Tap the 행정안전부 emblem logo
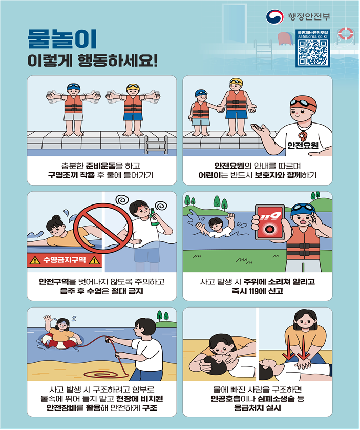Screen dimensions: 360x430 click(274, 17)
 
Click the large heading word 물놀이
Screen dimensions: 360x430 click(62, 38)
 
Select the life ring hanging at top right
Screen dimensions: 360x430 click(346, 34)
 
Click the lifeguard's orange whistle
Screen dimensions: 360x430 click(302, 136)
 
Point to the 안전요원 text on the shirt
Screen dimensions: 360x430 click(303, 146)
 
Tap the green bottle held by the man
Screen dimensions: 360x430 click(154, 217)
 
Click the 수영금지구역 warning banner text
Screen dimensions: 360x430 click(65, 259)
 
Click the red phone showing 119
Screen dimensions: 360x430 click(270, 222)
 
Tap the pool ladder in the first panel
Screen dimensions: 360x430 click(156, 145)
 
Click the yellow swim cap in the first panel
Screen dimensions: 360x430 click(133, 87)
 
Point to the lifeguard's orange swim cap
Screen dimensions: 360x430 click(303, 103)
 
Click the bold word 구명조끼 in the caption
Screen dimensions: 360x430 click(63, 175)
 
